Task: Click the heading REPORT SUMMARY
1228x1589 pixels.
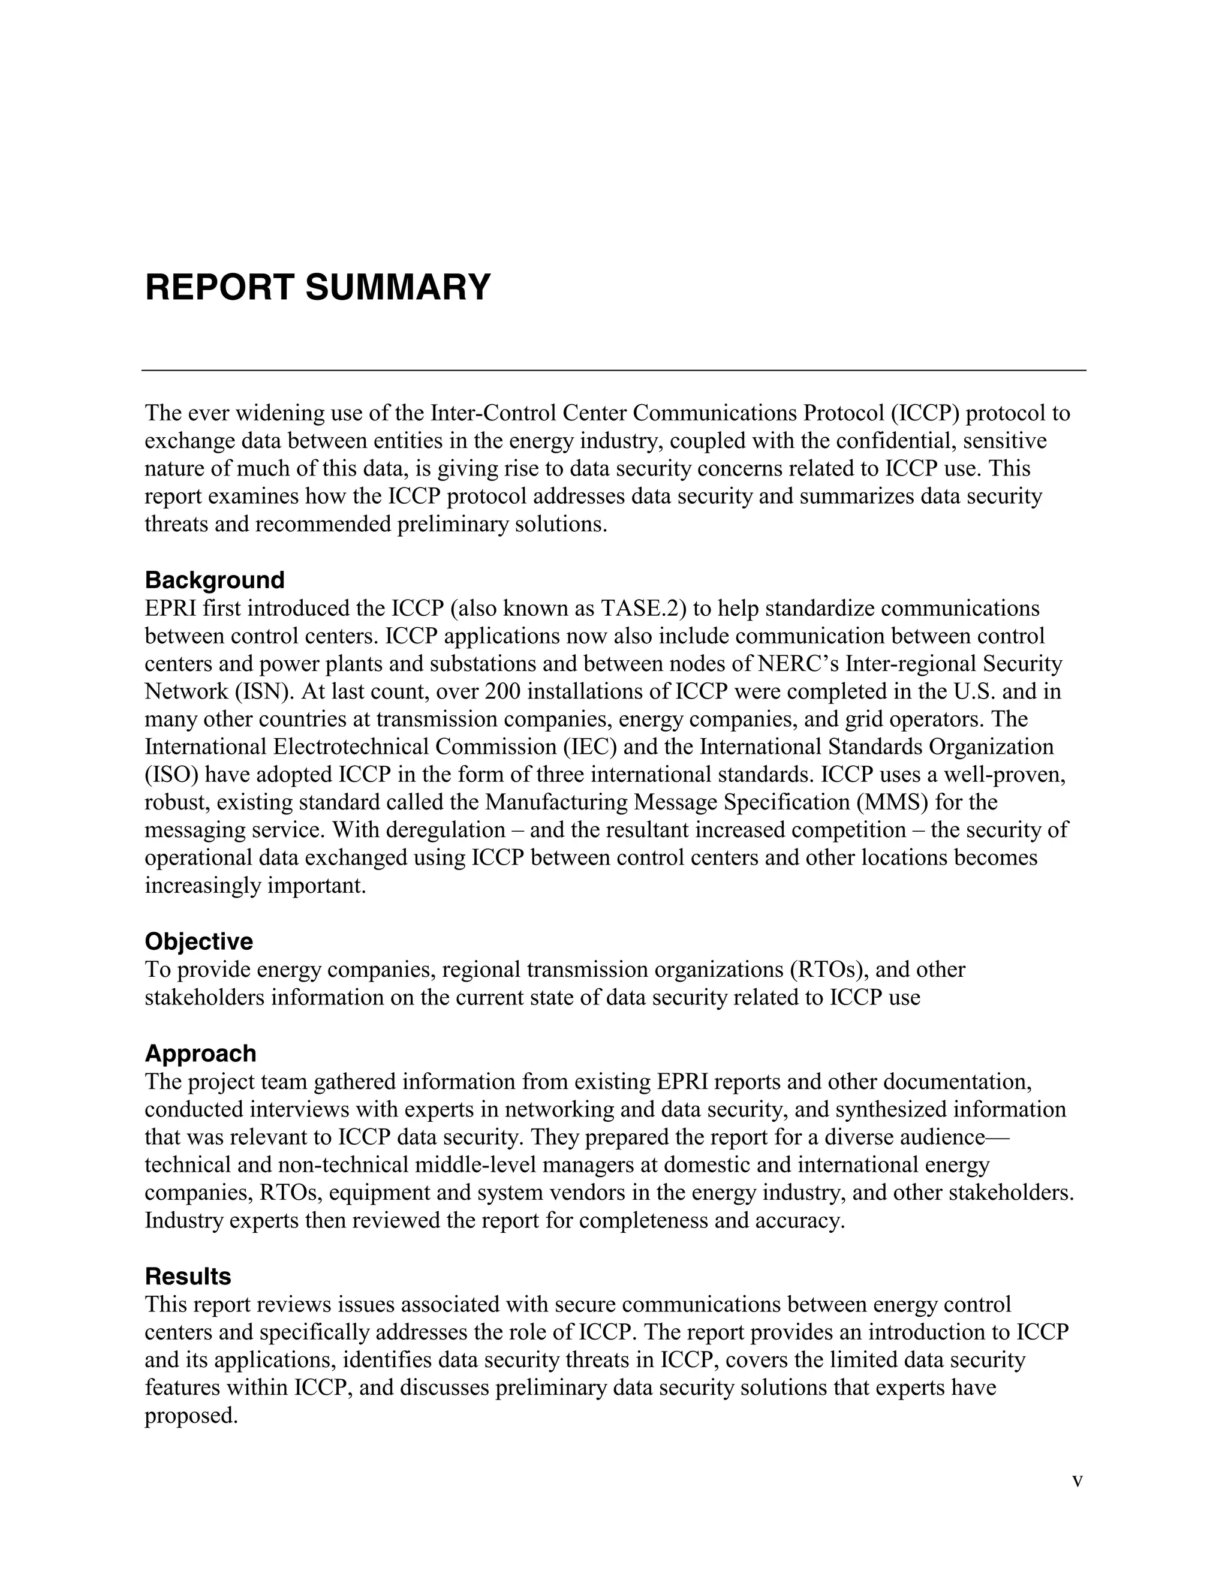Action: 318,287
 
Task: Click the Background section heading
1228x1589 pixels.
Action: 215,580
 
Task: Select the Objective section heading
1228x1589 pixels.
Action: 198,941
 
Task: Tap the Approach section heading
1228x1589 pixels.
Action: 200,1054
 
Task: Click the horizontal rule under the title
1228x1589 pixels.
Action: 613,371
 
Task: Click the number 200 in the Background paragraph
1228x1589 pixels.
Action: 504,691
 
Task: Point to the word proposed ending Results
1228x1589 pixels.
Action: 191,1416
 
